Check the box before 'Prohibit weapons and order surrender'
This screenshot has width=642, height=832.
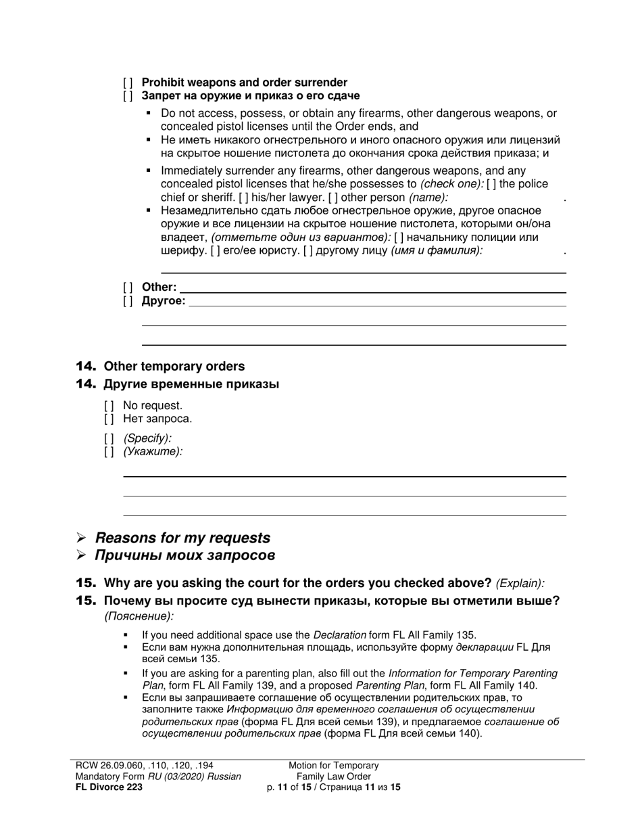[128, 83]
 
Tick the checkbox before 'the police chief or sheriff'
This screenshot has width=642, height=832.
[491, 184]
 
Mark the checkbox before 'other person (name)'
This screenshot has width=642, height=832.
[333, 198]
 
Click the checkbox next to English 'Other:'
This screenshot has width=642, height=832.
[128, 287]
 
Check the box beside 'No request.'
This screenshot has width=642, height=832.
[109, 406]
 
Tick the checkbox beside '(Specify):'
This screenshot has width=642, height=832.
[109, 438]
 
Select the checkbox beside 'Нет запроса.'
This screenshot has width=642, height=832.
[109, 419]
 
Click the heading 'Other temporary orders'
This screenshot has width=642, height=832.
[174, 367]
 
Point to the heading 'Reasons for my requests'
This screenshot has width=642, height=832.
[182, 538]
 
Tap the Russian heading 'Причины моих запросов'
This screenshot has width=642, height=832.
[185, 555]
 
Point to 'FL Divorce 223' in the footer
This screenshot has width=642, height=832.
[109, 787]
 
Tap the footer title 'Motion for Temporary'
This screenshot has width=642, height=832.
[334, 766]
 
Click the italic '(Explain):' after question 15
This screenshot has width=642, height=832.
[520, 584]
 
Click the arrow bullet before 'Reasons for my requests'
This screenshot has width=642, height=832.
[81, 538]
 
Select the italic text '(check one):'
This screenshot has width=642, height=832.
[451, 184]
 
